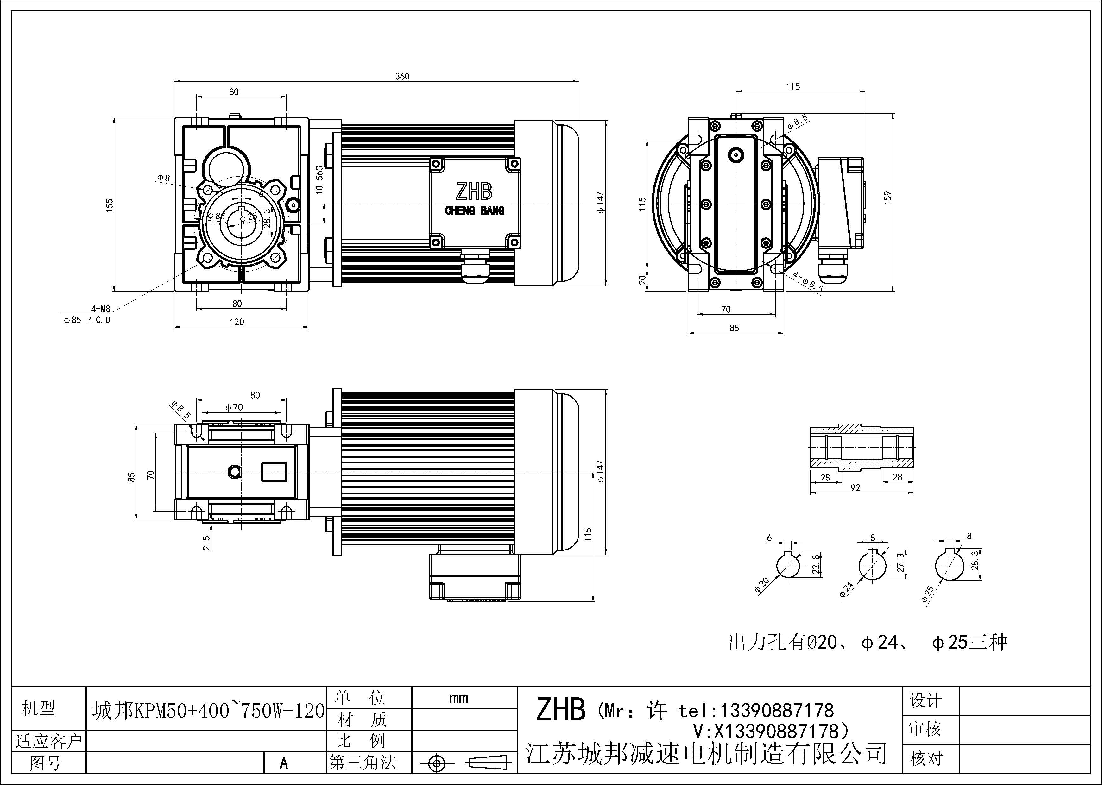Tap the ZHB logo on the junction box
pyautogui.click(x=474, y=192)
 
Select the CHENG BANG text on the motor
pyautogui.click(x=474, y=211)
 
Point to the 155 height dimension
pyautogui.click(x=110, y=204)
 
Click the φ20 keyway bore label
pyautogui.click(x=761, y=585)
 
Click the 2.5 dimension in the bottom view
pyautogui.click(x=207, y=542)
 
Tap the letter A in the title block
pyautogui.click(x=284, y=763)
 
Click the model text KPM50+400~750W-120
pyautogui.click(x=208, y=711)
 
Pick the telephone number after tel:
pyautogui.click(x=777, y=710)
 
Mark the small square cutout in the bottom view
pyautogui.click(x=274, y=472)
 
